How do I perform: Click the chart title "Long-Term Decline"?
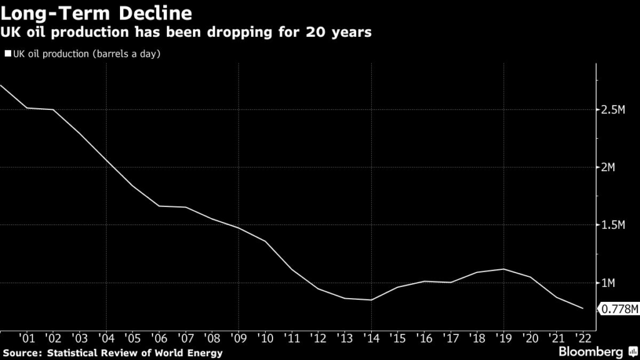(96, 12)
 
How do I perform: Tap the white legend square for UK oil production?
(7, 54)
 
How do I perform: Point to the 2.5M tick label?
(612, 110)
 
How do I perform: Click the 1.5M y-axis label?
(612, 225)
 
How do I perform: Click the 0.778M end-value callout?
(619, 309)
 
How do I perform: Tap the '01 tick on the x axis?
(27, 338)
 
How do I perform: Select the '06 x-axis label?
(159, 338)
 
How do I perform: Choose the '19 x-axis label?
(503, 338)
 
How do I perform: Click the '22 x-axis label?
(582, 338)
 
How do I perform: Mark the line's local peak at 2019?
(504, 269)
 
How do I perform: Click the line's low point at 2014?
(371, 300)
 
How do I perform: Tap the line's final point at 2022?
(583, 308)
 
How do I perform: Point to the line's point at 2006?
(159, 206)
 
